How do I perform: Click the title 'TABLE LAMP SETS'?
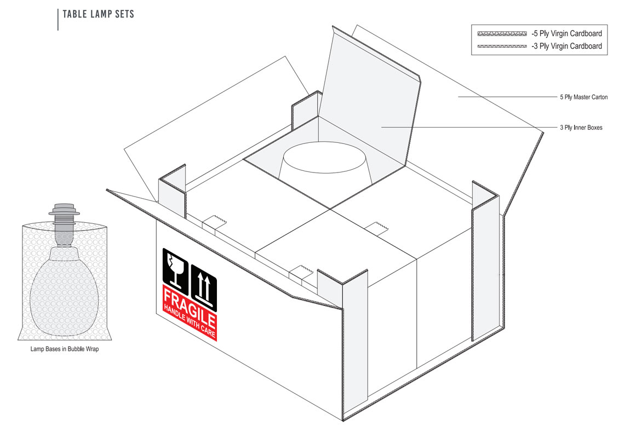98,14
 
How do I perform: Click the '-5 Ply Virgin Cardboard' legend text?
566,33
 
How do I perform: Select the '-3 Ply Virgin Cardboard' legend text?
566,46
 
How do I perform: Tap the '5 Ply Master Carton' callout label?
583,97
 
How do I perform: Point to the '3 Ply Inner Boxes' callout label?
581,128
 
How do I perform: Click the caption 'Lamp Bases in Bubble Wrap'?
64,349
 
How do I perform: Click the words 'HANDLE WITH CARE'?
190,323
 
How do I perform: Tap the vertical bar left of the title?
58,19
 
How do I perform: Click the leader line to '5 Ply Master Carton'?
504,97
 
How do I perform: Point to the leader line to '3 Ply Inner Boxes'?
466,128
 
